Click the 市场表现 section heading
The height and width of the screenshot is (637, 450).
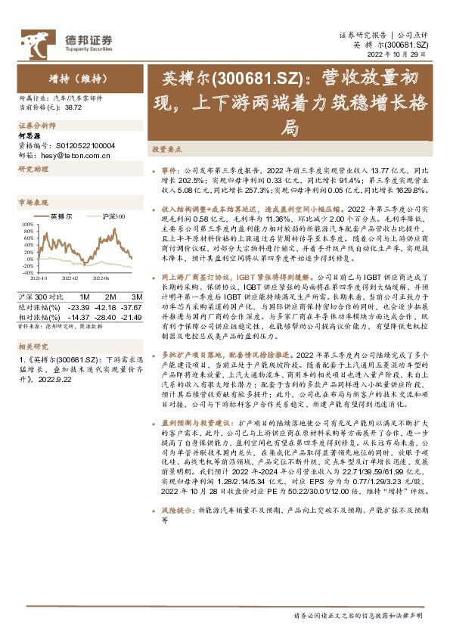(31, 202)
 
